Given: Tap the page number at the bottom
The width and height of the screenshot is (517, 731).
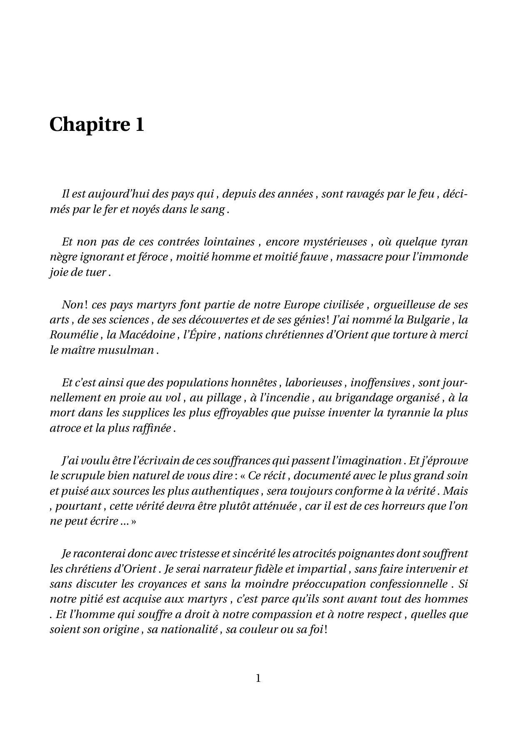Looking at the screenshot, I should click(x=258, y=678).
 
